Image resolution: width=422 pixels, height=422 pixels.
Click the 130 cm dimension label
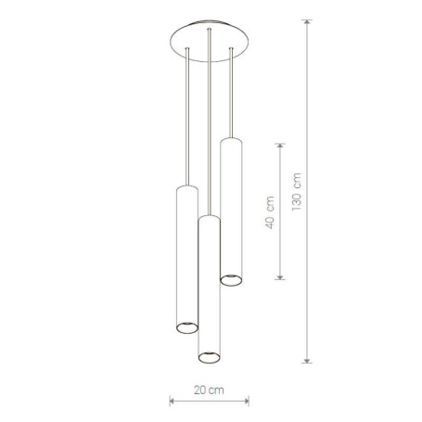click(297, 192)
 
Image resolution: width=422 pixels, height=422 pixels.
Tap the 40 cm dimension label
click(270, 212)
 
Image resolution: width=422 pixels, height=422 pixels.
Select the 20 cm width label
click(209, 390)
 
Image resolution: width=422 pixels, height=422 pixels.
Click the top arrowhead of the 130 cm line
click(307, 22)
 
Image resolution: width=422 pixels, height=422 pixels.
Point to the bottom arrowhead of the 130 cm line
click(307, 360)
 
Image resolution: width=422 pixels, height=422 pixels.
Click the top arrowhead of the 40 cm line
click(280, 147)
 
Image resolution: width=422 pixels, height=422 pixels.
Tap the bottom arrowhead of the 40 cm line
click(280, 277)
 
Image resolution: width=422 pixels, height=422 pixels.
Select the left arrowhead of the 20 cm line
click(173, 402)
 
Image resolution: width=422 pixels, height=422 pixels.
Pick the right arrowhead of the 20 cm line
click(246, 402)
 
